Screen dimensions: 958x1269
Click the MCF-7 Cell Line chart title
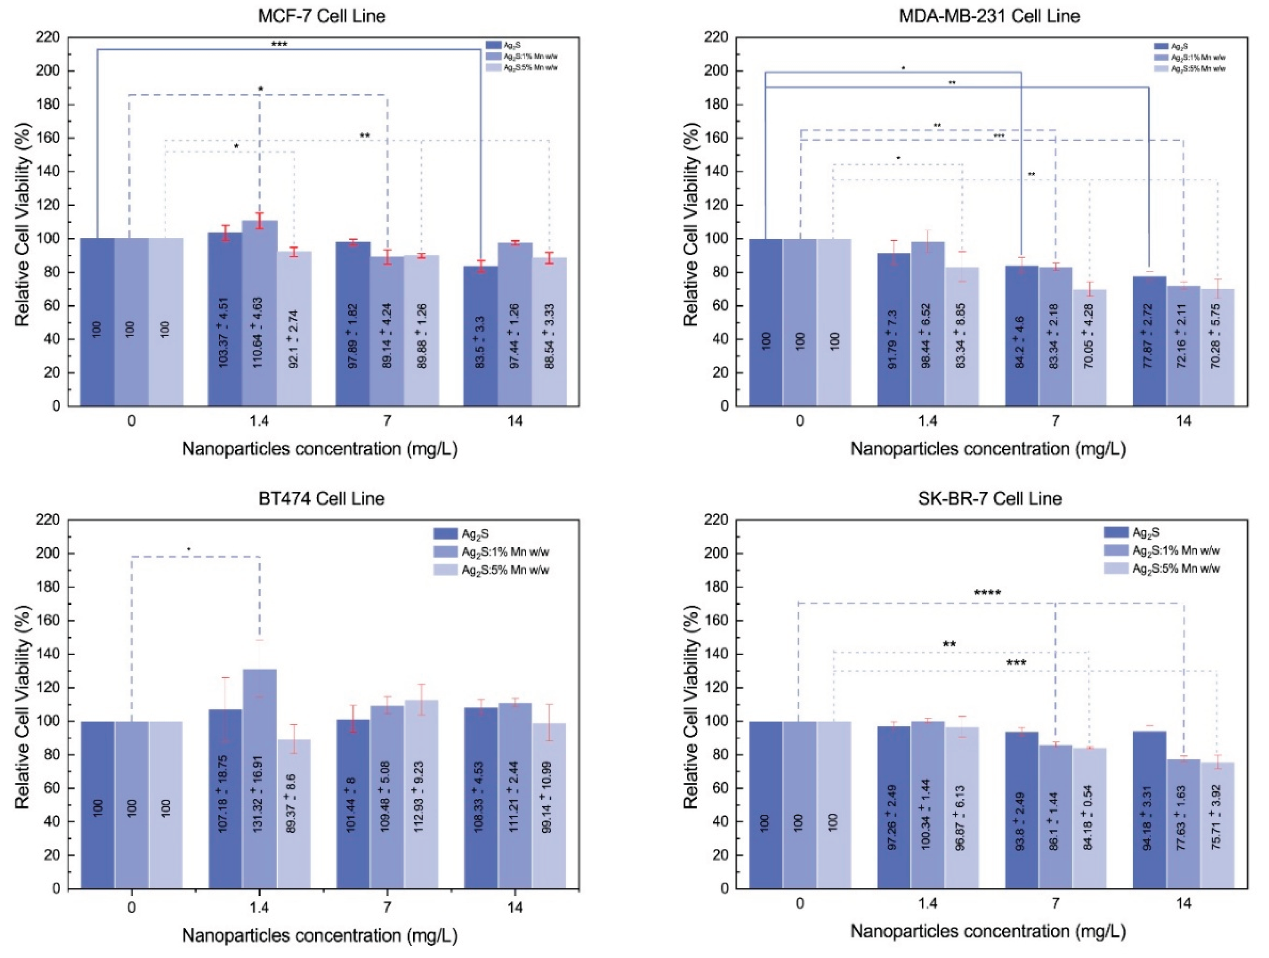coord(322,16)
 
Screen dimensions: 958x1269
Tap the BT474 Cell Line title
coord(322,498)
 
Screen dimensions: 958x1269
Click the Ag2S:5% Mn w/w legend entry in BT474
coord(505,570)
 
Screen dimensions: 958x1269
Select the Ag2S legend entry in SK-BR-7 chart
coord(1147,532)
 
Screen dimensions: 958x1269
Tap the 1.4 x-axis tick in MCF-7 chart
coord(259,421)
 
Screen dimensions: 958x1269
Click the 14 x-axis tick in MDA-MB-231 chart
coord(1183,421)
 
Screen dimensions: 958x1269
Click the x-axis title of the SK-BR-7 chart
coord(988,931)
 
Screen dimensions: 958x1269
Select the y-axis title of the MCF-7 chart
coord(23,223)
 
